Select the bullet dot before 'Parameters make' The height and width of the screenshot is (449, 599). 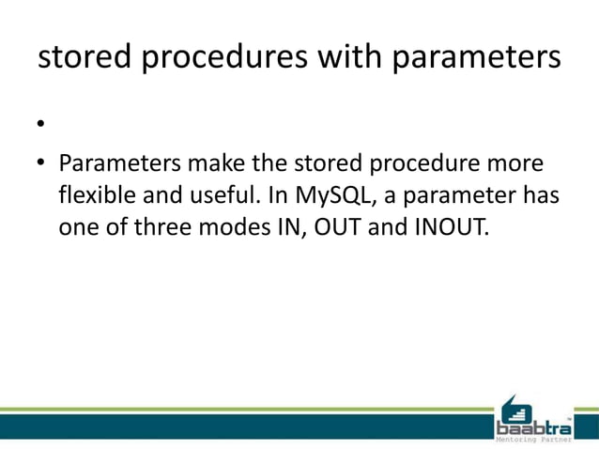click(x=41, y=165)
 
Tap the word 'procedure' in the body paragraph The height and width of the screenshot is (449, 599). click(x=422, y=164)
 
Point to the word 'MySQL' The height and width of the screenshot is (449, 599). click(x=328, y=197)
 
